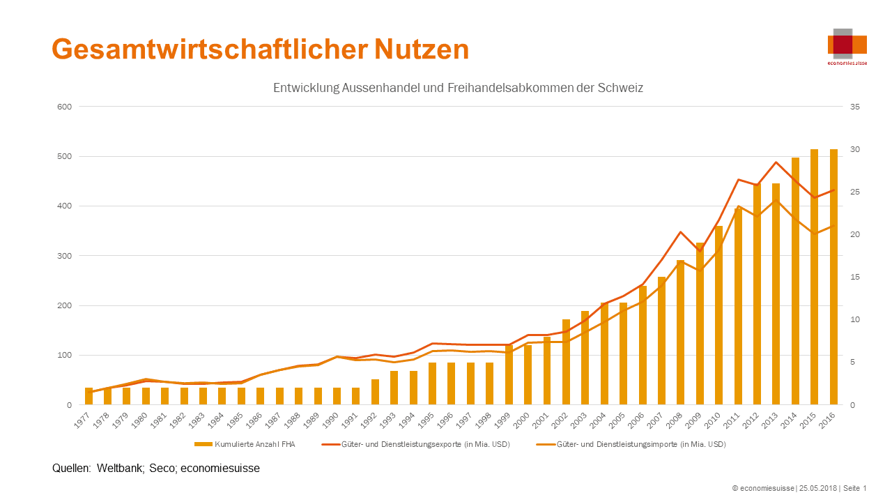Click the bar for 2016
(833, 279)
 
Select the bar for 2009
(700, 324)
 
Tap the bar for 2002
(566, 363)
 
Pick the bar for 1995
(433, 383)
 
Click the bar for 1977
(89, 396)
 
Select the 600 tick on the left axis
(65, 107)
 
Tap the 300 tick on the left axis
(65, 256)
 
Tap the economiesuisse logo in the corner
(847, 45)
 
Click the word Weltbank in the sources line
(119, 469)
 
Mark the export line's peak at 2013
(776, 162)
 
